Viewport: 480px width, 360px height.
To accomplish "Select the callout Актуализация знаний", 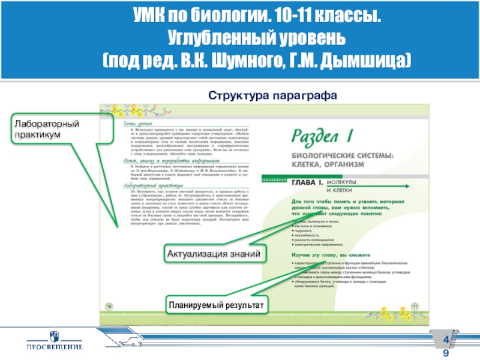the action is click(x=214, y=254).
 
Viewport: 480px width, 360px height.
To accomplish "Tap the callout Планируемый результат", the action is click(x=217, y=305).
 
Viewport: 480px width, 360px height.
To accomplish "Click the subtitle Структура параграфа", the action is click(x=273, y=95).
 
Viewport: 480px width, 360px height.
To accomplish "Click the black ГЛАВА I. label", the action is click(x=308, y=181).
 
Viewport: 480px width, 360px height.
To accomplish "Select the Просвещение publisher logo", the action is click(x=53, y=342).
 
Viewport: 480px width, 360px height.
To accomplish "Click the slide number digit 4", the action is click(x=446, y=342).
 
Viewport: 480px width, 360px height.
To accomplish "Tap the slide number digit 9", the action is click(x=446, y=353).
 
